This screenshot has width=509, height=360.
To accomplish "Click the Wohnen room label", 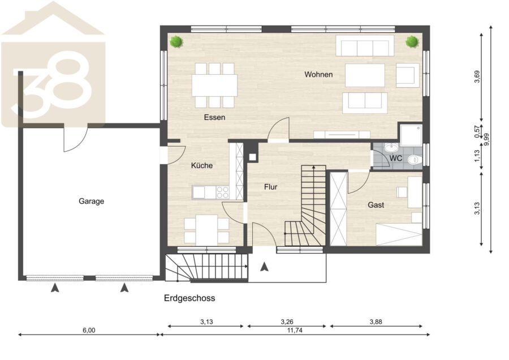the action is (318, 74).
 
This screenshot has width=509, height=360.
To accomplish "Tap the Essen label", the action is (214, 117).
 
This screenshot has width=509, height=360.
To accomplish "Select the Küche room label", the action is (202, 165).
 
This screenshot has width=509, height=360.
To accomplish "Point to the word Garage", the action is (91, 202).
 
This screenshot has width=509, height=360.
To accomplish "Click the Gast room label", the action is (376, 205).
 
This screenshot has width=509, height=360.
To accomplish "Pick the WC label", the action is (396, 158).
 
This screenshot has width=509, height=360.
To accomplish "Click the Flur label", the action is (271, 187).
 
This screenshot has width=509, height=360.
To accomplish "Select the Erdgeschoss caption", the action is (189, 298).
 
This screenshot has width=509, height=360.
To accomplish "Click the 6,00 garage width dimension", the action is (89, 331).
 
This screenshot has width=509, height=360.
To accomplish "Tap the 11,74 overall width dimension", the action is (295, 331).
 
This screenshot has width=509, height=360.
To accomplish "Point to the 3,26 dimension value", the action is (287, 322).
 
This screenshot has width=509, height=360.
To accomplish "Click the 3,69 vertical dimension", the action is (477, 76).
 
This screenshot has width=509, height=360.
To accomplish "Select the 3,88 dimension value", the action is (376, 322).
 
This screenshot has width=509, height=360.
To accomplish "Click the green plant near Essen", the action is (176, 41).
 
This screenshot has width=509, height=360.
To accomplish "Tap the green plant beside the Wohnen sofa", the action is (412, 41).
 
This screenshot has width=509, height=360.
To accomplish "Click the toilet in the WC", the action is (414, 160).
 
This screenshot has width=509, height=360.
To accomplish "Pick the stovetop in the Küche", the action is (223, 192).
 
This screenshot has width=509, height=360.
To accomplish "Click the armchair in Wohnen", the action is (407, 75).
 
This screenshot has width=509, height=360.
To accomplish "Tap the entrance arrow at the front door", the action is (265, 267).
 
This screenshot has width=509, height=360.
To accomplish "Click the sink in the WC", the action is (391, 148).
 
